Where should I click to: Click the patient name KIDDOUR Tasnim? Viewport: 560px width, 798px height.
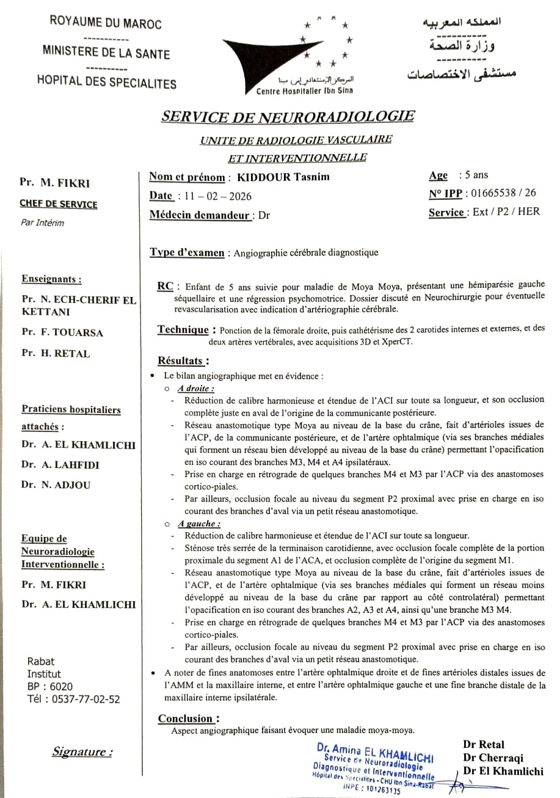coord(283,177)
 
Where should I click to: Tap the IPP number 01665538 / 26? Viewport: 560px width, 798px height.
coord(500,193)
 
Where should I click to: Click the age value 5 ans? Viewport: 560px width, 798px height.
coord(473,175)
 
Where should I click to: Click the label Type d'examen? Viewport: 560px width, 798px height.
coord(187,252)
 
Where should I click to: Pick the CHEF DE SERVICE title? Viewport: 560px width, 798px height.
coord(58,204)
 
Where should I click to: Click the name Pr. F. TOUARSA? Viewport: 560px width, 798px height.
coord(62,332)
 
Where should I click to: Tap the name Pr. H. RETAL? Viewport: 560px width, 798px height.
coord(55,353)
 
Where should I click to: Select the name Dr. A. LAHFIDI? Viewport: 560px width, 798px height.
coord(60,464)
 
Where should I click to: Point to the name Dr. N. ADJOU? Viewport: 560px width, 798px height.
coord(56,485)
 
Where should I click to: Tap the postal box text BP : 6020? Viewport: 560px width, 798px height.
coord(49,686)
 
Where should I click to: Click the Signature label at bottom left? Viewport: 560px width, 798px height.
coord(82,752)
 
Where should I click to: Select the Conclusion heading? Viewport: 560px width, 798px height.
coord(188,718)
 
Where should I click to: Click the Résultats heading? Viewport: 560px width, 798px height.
coord(183,361)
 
